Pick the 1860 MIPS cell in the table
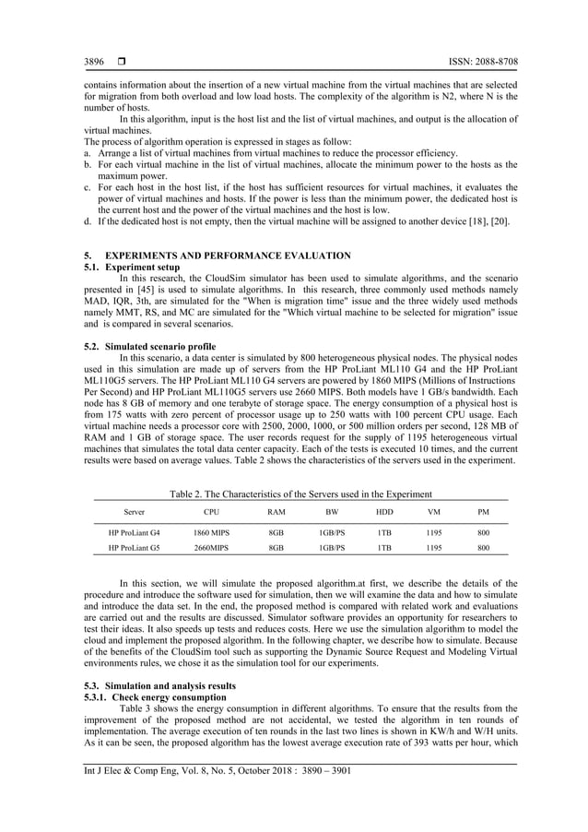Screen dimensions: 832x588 click(211, 532)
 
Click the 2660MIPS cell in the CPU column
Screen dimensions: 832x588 click(211, 547)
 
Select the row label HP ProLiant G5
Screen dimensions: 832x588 click(135, 547)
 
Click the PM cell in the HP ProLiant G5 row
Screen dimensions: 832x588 click(483, 547)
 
